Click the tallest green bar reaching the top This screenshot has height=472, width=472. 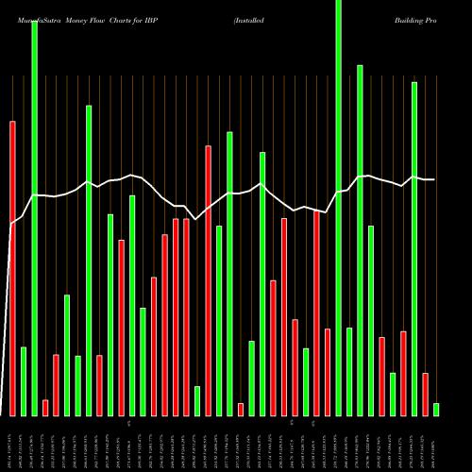tap(339, 208)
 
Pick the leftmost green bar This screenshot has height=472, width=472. tap(24, 381)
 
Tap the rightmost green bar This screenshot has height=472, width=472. tap(436, 409)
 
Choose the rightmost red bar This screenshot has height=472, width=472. tap(425, 394)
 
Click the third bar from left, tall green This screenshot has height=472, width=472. tap(35, 217)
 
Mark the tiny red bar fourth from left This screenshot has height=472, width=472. tap(45, 407)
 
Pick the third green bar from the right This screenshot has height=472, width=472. tap(393, 394)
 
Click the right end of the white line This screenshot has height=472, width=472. tap(434, 179)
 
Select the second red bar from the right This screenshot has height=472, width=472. tap(403, 373)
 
